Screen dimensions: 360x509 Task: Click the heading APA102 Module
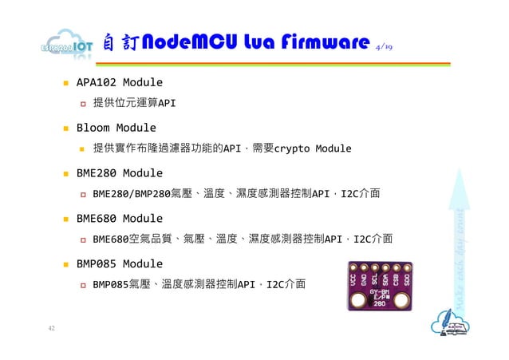coord(119,82)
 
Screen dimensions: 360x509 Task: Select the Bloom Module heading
coord(116,128)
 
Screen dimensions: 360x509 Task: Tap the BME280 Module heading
coord(119,173)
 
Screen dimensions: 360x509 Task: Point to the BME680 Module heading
coord(119,218)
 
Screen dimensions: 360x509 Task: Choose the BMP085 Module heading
coord(119,263)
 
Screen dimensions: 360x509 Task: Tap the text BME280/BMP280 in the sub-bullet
coord(132,193)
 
